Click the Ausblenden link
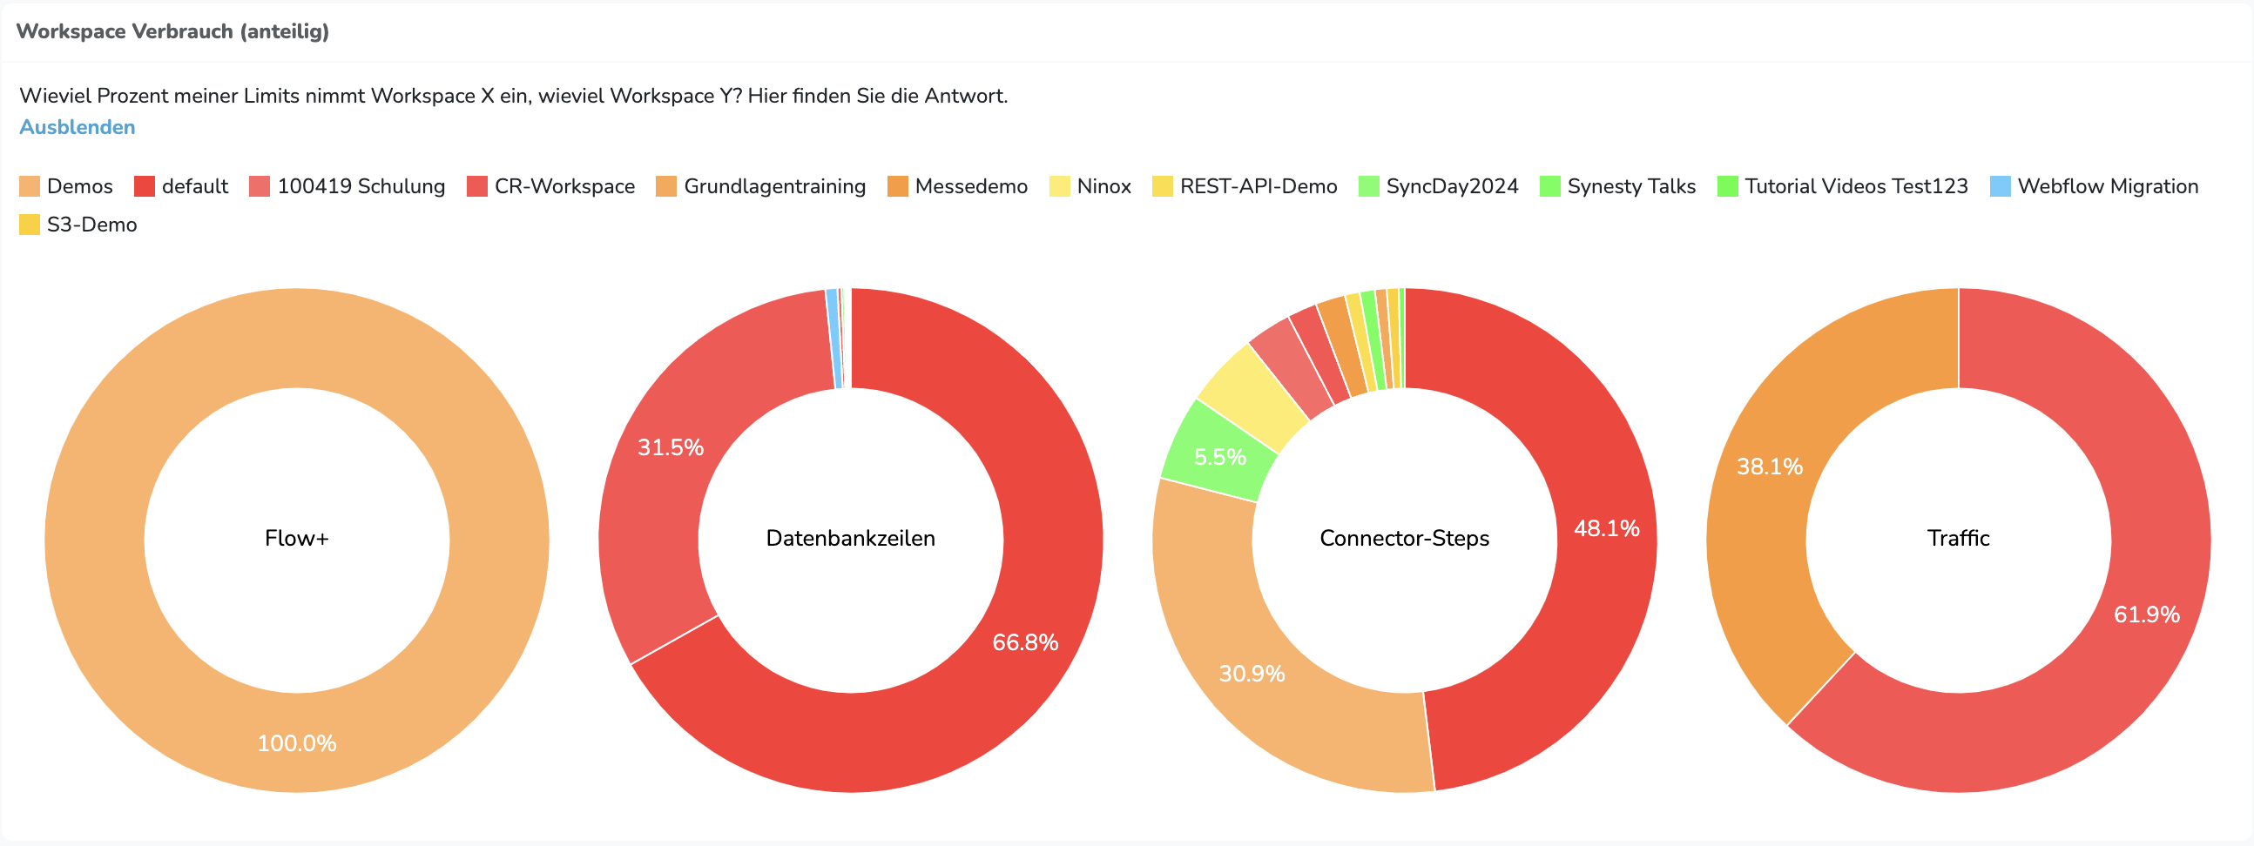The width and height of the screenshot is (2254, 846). pyautogui.click(x=77, y=127)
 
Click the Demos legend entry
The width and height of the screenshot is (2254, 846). pyautogui.click(x=66, y=186)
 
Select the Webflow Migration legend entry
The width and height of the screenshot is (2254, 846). pyautogui.click(x=2094, y=186)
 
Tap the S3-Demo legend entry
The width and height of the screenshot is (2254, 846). pyautogui.click(x=78, y=225)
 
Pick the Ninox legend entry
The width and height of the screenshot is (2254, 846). pyautogui.click(x=1090, y=186)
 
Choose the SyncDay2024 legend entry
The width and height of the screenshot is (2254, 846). pyautogui.click(x=1439, y=186)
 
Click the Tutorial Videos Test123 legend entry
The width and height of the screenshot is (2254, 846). pyautogui.click(x=1843, y=186)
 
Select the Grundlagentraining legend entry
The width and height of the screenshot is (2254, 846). pyautogui.click(x=761, y=186)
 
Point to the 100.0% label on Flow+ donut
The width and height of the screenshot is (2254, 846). pyautogui.click(x=297, y=742)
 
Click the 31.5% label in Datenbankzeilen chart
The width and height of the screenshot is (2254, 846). pyautogui.click(x=671, y=447)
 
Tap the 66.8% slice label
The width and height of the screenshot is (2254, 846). pyautogui.click(x=1024, y=642)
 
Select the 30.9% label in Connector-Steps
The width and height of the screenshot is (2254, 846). pyautogui.click(x=1252, y=674)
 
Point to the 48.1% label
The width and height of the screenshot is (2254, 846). pyautogui.click(x=1607, y=528)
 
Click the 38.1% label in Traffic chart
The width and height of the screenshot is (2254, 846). pyautogui.click(x=1769, y=467)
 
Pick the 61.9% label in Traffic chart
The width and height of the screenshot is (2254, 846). pyautogui.click(x=2146, y=614)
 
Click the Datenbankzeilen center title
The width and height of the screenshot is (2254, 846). pyautogui.click(x=851, y=538)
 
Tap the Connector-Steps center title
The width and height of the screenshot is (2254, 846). pyautogui.click(x=1404, y=538)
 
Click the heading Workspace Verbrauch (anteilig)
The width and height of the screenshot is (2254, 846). pyautogui.click(x=172, y=31)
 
